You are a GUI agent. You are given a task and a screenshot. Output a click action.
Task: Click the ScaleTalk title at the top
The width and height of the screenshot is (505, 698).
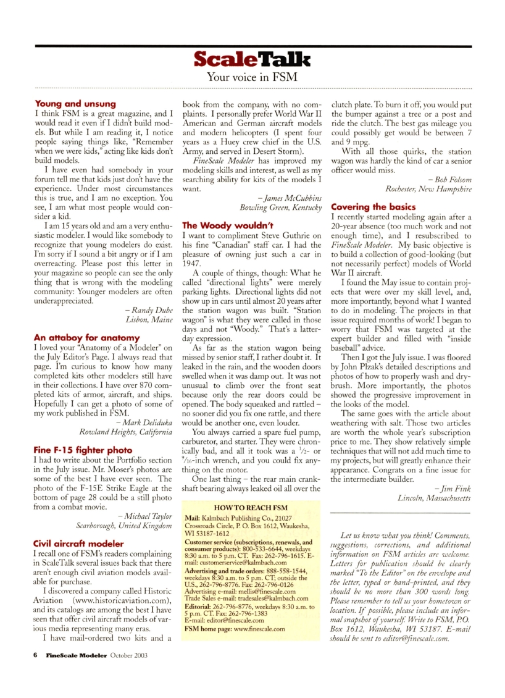pos(251,59)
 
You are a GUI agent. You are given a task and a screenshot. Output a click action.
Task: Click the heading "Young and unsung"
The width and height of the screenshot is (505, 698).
pos(75,104)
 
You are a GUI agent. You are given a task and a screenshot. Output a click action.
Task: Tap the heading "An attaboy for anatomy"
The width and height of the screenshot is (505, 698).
pos(87,338)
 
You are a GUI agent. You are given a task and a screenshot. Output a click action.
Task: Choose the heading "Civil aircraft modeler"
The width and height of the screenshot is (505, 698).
pos(78,544)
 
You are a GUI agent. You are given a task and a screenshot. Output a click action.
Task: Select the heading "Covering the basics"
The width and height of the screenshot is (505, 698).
pos(374,207)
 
